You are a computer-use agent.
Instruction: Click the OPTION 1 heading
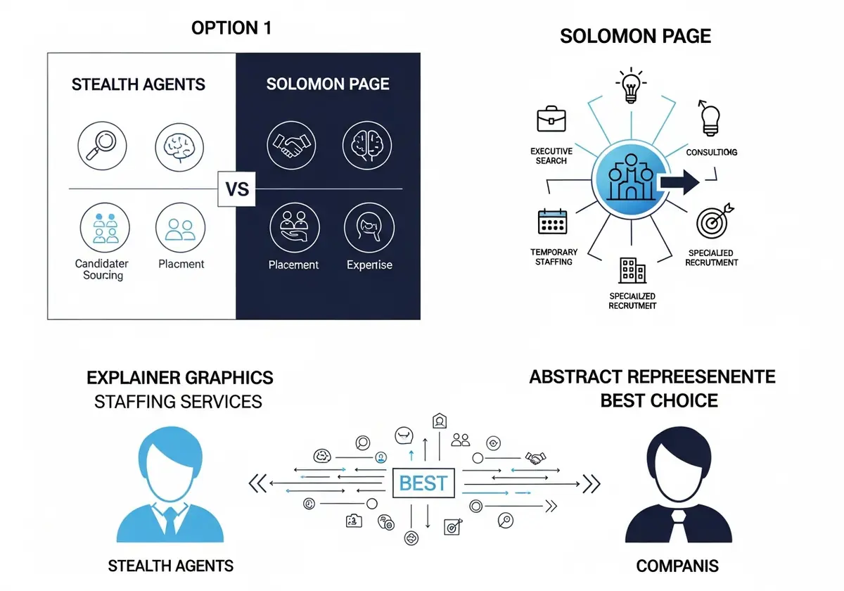pos(231,28)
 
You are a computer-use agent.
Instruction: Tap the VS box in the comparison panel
pos(236,189)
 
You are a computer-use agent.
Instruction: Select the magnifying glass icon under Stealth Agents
pos(102,146)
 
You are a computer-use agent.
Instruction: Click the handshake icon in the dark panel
pos(291,146)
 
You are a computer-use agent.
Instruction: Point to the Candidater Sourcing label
pos(102,269)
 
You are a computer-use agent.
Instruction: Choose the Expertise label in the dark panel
pos(370,265)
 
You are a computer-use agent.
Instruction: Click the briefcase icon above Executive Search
pos(551,119)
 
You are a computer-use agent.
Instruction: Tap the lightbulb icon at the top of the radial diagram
pos(631,85)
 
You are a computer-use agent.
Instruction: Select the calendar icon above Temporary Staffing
pos(552,221)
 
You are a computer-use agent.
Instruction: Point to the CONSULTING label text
pos(711,152)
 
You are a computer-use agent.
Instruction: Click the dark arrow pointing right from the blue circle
pos(679,182)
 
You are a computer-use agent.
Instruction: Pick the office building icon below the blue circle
pos(632,270)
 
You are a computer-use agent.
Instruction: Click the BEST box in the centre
pos(423,483)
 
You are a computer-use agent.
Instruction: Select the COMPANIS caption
pos(677,566)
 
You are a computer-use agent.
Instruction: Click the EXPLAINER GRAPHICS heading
pos(180,378)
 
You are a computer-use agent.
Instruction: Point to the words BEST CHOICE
pos(658,400)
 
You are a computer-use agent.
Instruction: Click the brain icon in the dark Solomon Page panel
pos(367,146)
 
